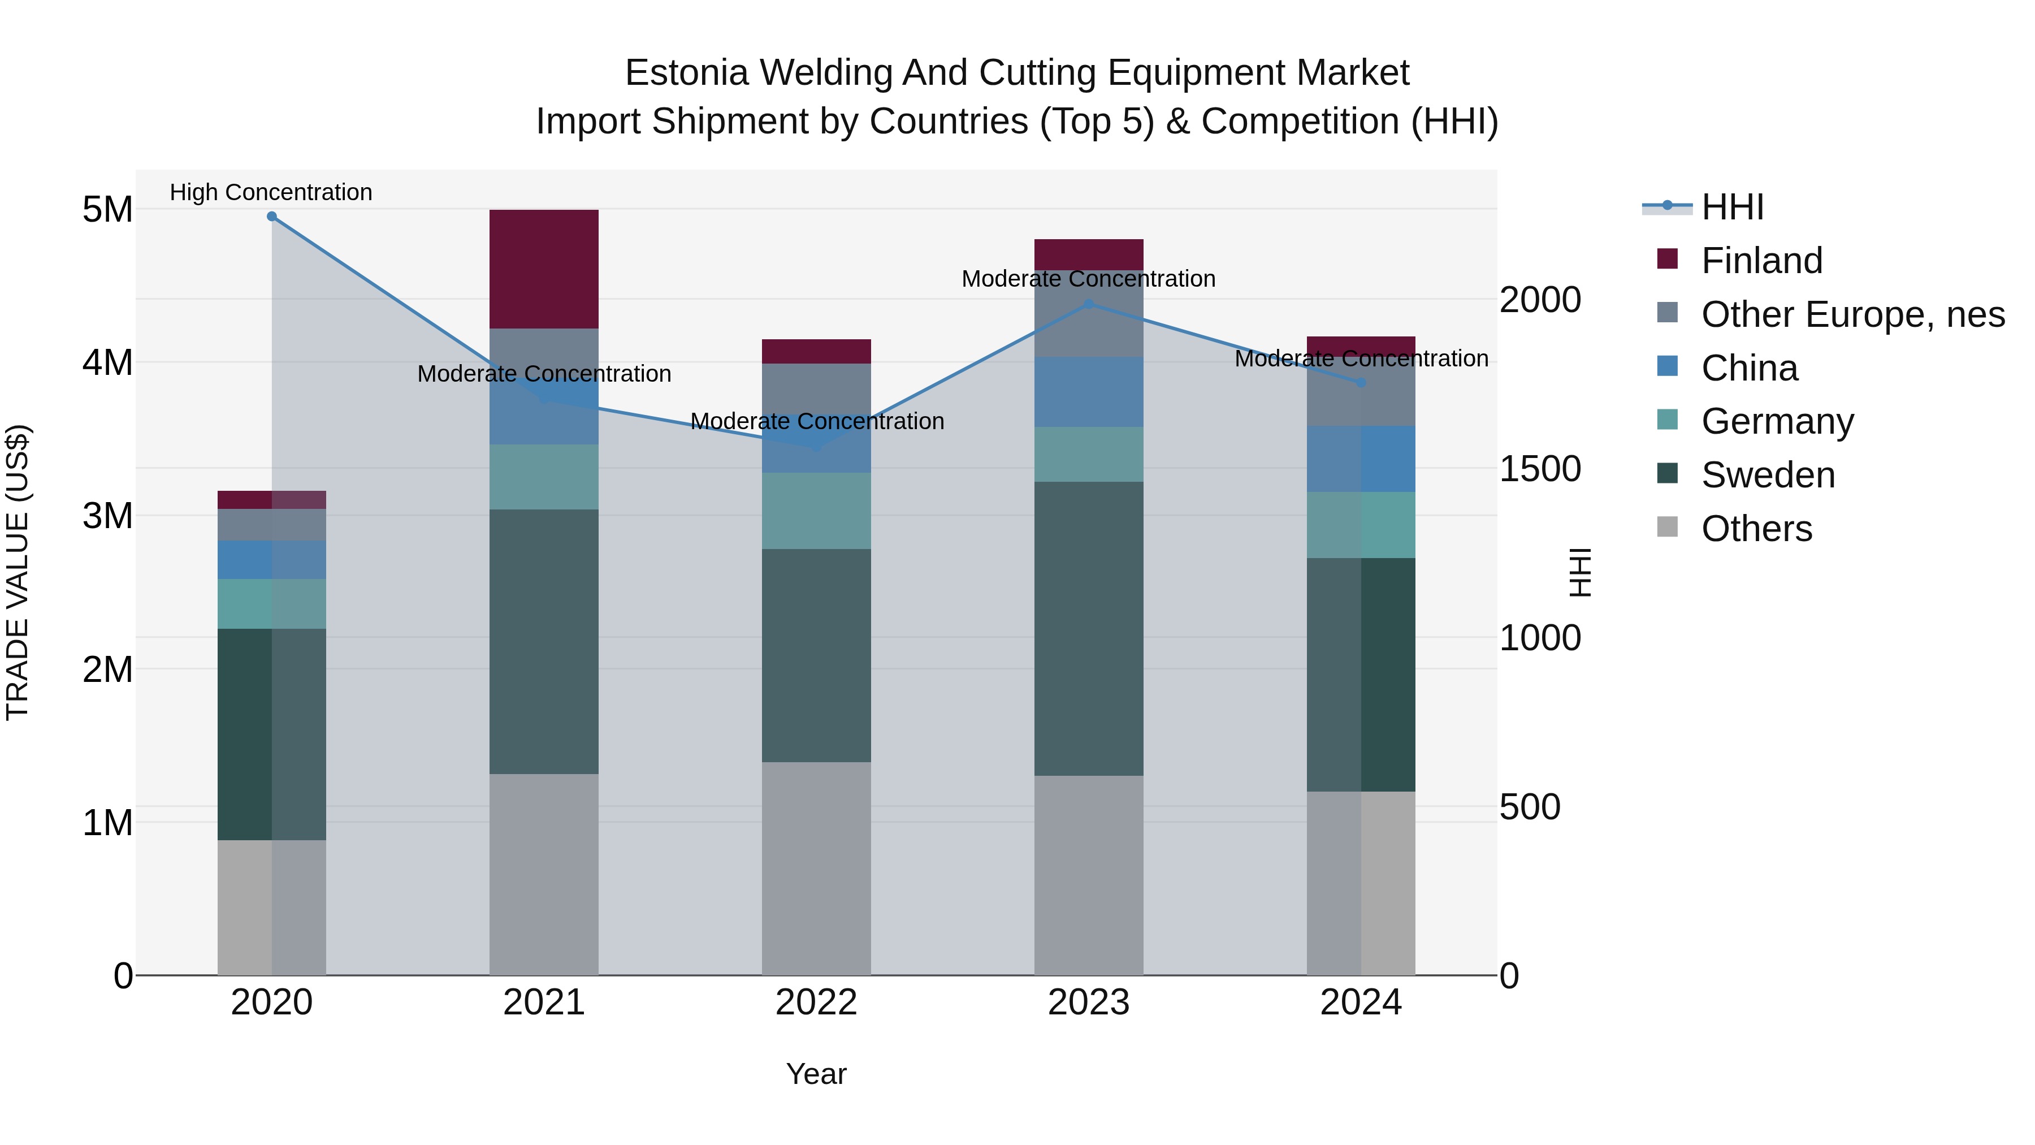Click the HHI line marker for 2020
(x=272, y=217)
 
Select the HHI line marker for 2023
(x=1089, y=304)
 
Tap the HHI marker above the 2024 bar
(x=1361, y=382)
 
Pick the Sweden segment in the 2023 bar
(x=1089, y=628)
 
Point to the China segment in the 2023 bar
(x=1089, y=392)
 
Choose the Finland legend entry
(x=1761, y=261)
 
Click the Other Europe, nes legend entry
(x=1852, y=314)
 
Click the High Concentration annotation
(x=271, y=193)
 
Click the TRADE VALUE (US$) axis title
(x=18, y=572)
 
